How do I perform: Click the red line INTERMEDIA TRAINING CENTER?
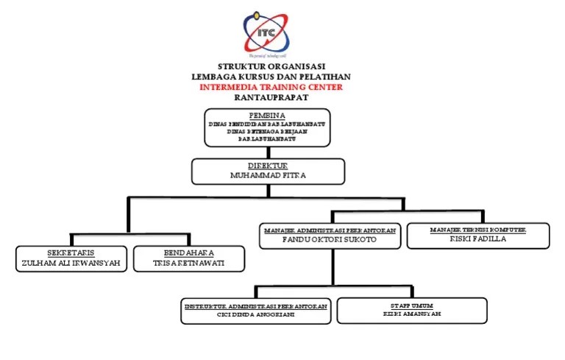click(x=271, y=86)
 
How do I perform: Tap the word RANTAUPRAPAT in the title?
click(x=271, y=96)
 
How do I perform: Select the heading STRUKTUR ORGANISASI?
click(x=271, y=66)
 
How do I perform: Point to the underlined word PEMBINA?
click(x=267, y=116)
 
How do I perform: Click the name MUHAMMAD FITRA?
click(x=268, y=176)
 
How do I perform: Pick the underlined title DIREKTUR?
click(x=268, y=166)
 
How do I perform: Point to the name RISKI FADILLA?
click(x=477, y=239)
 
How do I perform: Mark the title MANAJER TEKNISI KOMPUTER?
click(x=477, y=230)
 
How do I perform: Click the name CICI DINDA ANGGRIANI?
click(x=256, y=314)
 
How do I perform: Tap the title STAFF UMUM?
click(x=412, y=304)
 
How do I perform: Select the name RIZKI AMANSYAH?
click(x=412, y=314)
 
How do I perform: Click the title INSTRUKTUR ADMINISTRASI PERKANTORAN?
click(x=256, y=304)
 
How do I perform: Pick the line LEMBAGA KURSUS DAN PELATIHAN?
click(x=271, y=76)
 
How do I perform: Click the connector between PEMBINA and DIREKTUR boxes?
click(x=267, y=152)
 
